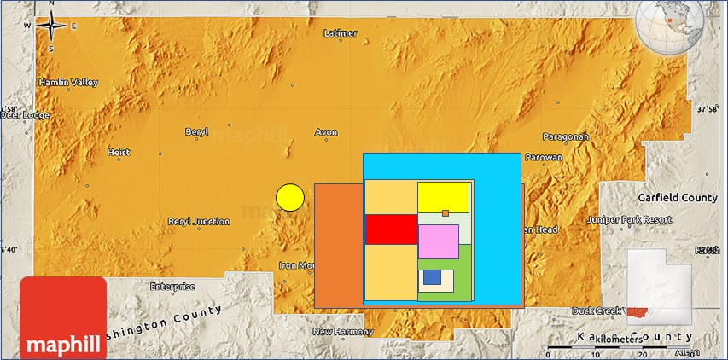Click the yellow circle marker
290,197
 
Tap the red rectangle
391,229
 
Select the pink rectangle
439,241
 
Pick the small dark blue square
432,277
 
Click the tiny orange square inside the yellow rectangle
446,213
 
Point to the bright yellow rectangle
443,197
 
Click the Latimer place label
341,33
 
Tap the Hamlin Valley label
68,83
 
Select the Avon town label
327,133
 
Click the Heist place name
119,152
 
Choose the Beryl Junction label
199,222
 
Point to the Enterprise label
172,286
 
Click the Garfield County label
678,197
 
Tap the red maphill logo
63,316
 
